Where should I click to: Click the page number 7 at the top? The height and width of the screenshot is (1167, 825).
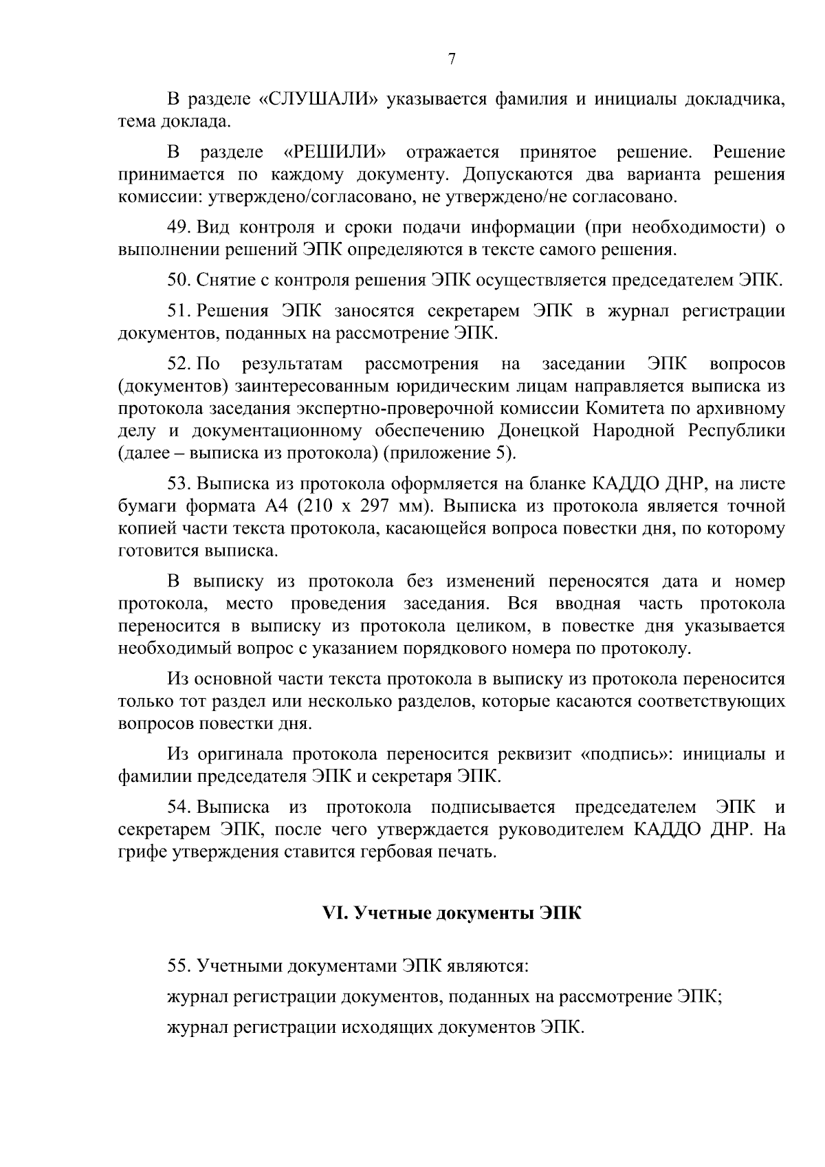pyautogui.click(x=452, y=59)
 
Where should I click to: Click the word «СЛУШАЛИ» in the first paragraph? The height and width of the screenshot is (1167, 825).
pyautogui.click(x=319, y=99)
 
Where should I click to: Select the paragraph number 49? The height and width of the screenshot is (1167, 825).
pyautogui.click(x=179, y=227)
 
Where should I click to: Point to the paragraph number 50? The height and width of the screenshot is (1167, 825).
pyautogui.click(x=179, y=280)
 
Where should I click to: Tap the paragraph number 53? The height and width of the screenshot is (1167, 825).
pyautogui.click(x=179, y=483)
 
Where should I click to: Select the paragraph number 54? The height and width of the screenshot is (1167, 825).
pyautogui.click(x=179, y=807)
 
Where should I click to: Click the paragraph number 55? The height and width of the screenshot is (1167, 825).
pyautogui.click(x=179, y=966)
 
